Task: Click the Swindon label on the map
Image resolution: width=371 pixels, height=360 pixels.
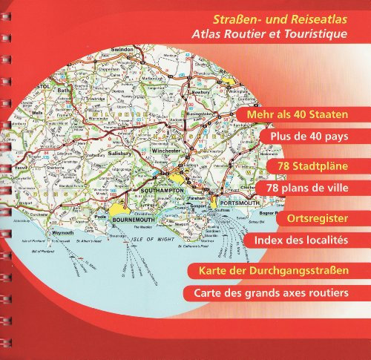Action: click(121, 50)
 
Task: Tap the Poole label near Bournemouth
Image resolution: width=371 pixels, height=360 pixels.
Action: click(101, 217)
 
